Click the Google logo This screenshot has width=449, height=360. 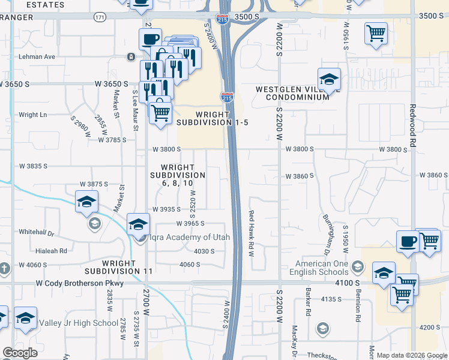coord(20,353)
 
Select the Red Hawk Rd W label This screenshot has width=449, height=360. coord(252,233)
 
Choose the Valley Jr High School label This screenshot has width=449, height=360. coord(79,323)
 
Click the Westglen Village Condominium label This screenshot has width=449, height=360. coord(297,93)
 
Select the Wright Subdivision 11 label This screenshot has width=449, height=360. coord(136,267)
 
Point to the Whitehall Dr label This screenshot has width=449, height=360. coord(37,232)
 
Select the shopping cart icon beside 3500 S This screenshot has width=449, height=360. coord(376,34)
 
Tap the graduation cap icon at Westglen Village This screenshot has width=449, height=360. coord(329,79)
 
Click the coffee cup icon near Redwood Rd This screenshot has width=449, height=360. coord(408,242)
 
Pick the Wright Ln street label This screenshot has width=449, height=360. coord(32,115)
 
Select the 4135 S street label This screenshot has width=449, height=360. coord(330,298)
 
